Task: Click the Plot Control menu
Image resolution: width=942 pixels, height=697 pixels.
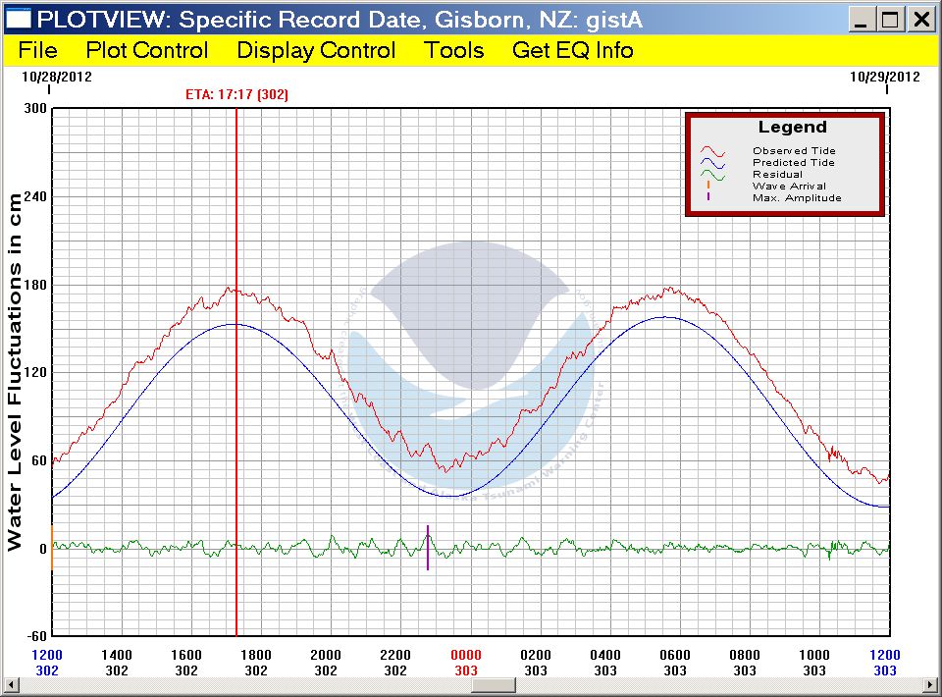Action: click(147, 51)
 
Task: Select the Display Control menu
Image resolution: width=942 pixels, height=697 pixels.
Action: click(316, 51)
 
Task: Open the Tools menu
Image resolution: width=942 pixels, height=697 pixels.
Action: click(454, 51)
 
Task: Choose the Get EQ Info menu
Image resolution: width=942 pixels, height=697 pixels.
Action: click(573, 51)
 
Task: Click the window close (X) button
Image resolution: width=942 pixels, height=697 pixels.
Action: click(920, 19)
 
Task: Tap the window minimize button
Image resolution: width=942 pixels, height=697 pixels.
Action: click(861, 19)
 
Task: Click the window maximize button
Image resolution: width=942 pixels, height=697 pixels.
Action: click(890, 19)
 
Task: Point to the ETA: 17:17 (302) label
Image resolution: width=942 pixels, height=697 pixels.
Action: click(236, 95)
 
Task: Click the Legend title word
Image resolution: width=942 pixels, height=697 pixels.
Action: click(793, 128)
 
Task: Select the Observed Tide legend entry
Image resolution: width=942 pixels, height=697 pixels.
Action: click(794, 151)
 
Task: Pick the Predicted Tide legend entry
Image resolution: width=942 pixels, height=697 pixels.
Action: click(794, 163)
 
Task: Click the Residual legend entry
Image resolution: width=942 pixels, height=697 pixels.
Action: click(777, 175)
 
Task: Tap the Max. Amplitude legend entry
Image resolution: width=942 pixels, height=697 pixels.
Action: click(797, 198)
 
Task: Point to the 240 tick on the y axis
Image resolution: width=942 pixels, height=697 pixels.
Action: click(35, 196)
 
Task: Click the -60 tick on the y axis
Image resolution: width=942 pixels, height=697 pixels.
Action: click(35, 636)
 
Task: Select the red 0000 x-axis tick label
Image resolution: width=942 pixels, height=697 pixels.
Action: click(466, 655)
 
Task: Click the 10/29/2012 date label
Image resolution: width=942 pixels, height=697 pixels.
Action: click(885, 76)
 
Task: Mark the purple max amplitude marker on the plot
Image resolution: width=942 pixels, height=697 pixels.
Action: click(428, 548)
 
